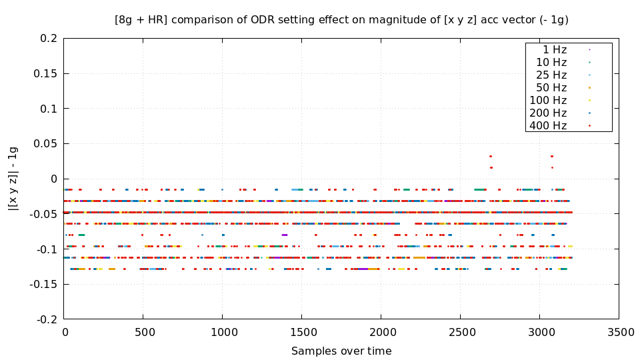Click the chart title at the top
coord(341,20)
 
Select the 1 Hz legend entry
coord(555,49)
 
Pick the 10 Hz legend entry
coord(551,62)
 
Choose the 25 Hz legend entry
coord(551,75)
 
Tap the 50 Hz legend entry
coord(551,87)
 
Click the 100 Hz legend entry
coord(548,100)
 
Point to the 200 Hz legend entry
coord(548,113)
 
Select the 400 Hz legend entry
coord(548,125)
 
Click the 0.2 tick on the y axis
coord(48,39)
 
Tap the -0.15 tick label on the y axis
coord(43,285)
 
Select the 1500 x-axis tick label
coord(301,331)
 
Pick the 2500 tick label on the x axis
coord(460,331)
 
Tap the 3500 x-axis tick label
coord(618,331)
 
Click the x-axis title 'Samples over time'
coord(341,351)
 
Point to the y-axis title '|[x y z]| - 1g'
coord(13,179)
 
